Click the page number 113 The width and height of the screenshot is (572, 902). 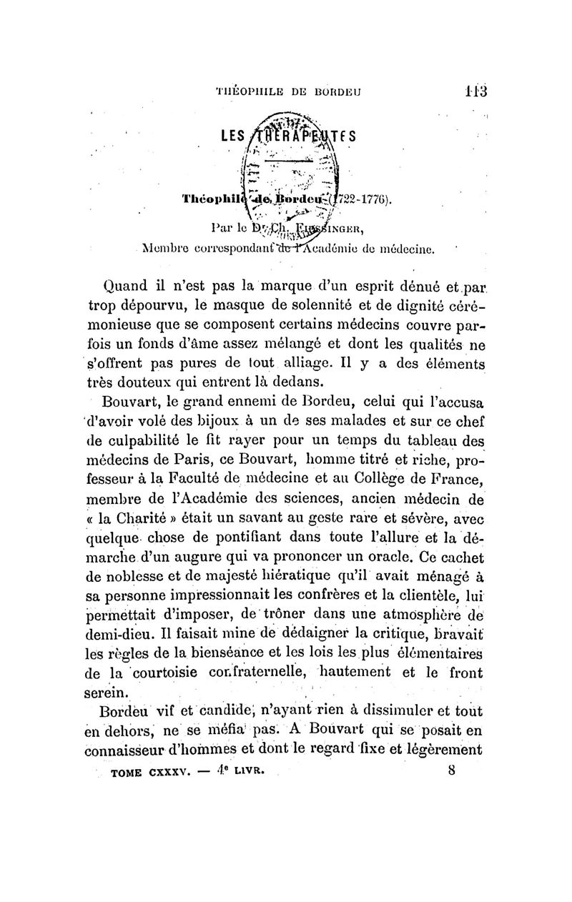point(473,91)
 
